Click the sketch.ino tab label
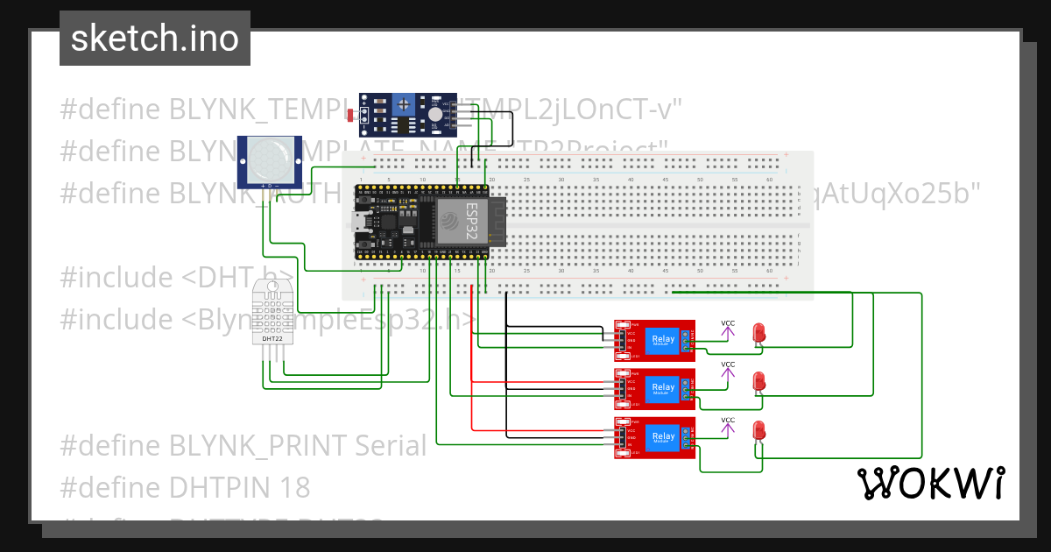point(154,39)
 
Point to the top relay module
point(654,340)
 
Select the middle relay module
point(654,388)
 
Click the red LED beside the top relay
point(759,333)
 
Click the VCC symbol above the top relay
point(728,327)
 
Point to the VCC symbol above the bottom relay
point(728,424)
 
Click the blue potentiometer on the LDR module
point(403,103)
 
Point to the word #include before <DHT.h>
point(116,278)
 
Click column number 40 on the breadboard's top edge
point(768,180)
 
